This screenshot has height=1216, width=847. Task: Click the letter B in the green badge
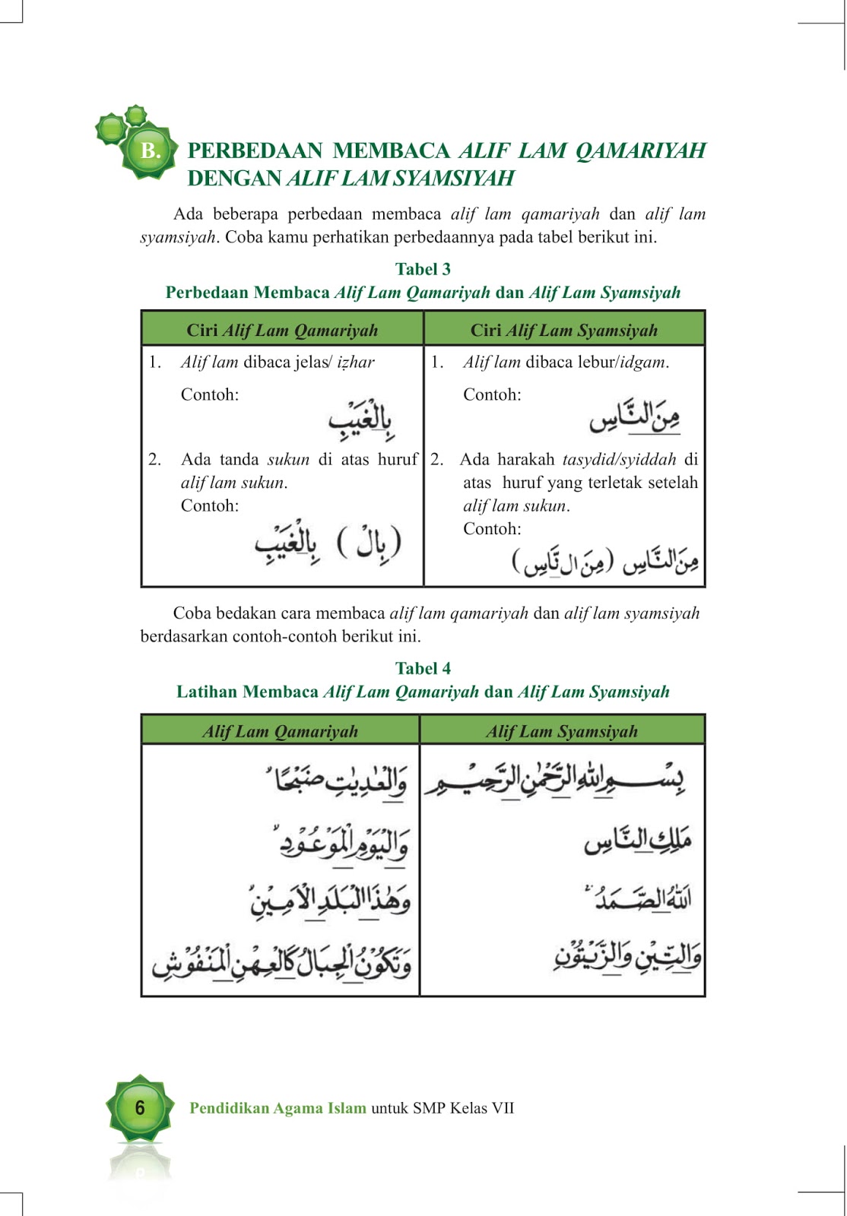coord(151,151)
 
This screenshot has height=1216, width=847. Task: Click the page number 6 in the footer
coord(139,1108)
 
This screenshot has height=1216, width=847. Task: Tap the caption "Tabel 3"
coord(423,269)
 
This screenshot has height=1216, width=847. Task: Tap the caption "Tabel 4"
coord(423,668)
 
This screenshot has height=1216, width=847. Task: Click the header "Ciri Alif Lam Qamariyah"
coord(282,330)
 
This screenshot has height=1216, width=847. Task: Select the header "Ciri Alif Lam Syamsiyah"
coord(563,330)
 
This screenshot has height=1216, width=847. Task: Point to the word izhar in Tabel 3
coord(355,363)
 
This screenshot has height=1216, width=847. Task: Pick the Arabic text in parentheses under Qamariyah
coord(369,543)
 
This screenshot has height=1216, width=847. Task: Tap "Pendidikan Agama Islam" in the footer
coord(278,1108)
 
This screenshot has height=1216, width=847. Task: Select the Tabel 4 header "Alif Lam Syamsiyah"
coord(562,731)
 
